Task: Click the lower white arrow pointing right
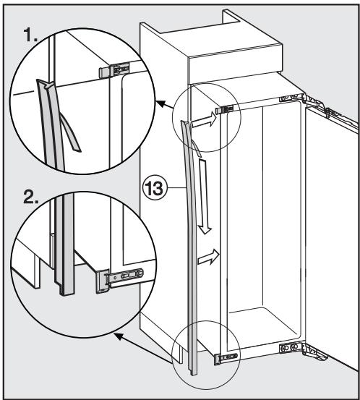208,255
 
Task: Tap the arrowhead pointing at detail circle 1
160,105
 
